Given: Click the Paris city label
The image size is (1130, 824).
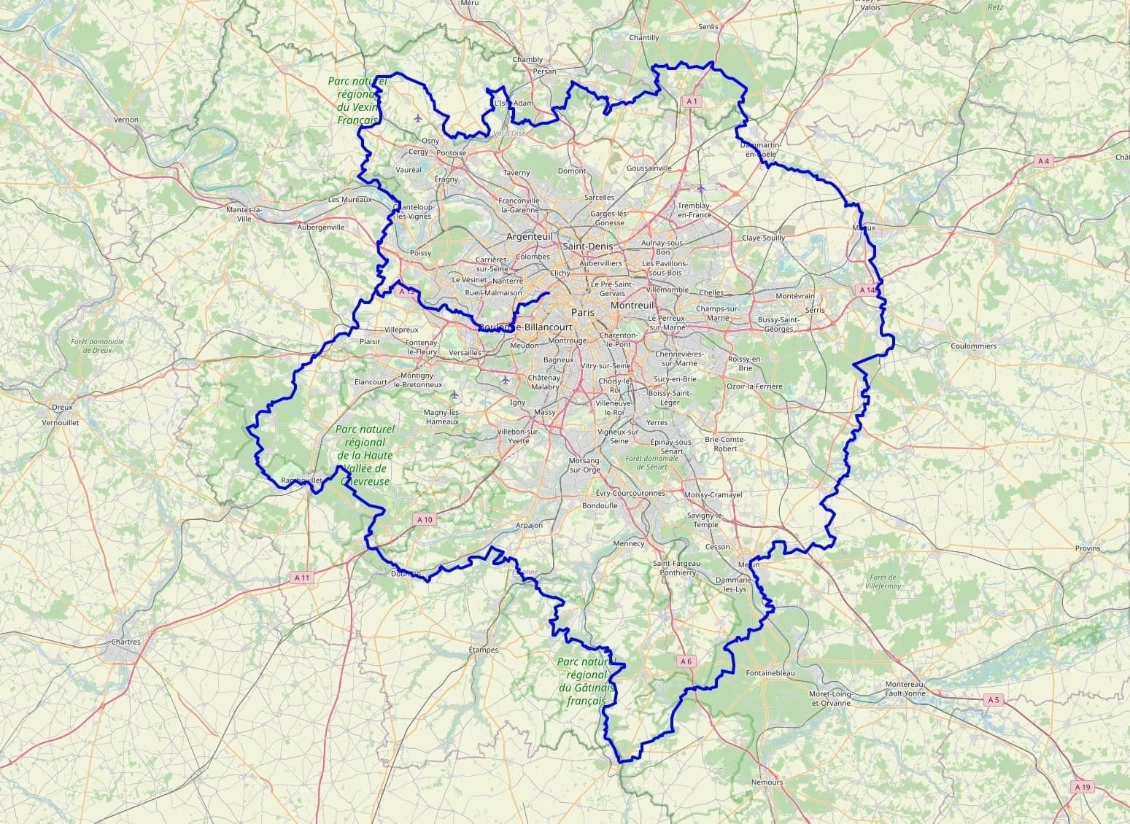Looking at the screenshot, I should click(583, 312).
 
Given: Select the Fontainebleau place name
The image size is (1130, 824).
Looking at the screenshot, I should click(770, 673).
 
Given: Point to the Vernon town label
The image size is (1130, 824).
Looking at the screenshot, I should click(126, 119).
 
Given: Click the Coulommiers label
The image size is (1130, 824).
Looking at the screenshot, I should click(973, 346).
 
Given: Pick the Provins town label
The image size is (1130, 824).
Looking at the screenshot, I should click(1087, 548).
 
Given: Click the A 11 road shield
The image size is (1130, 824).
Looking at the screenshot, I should click(302, 578).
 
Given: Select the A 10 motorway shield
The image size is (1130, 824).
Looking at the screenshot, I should click(425, 519).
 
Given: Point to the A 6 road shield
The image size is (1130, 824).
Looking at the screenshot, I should click(685, 661).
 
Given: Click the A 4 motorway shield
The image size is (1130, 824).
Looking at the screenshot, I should click(1044, 160).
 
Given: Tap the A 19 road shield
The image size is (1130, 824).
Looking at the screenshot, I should click(1083, 787).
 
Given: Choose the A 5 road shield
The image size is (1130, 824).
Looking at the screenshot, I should click(993, 700).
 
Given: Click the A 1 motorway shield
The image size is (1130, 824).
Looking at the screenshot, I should click(692, 101).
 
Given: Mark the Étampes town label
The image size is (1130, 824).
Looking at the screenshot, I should click(483, 650).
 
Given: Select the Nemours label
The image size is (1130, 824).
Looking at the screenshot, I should click(767, 782).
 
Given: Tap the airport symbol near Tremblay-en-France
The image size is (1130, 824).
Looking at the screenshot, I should click(701, 188).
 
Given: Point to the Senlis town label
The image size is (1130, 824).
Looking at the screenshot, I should click(708, 26).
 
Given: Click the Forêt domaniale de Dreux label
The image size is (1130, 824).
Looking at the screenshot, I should click(98, 345).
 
